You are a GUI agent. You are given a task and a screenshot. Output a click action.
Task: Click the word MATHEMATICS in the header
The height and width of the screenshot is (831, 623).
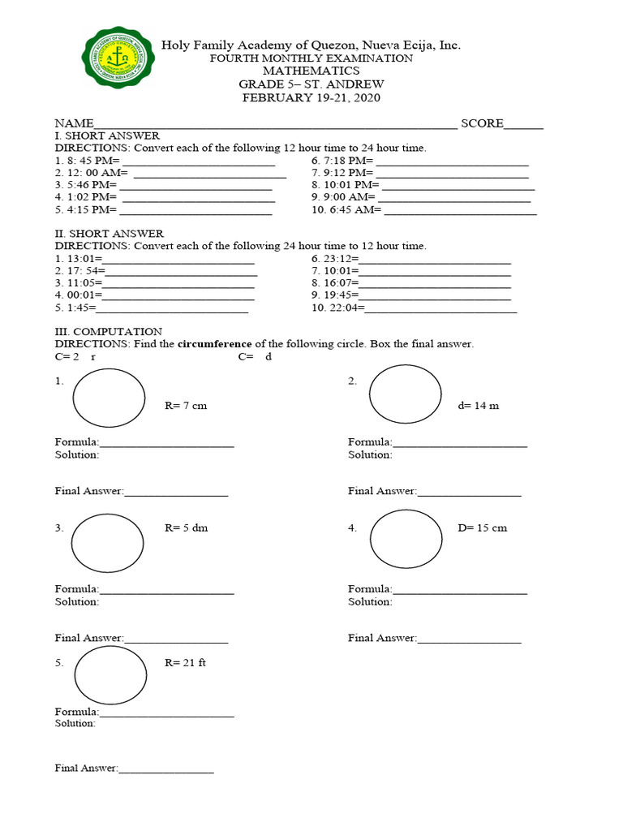click(311, 71)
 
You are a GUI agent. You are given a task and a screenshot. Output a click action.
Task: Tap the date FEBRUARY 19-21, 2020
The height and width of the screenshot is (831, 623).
click(311, 97)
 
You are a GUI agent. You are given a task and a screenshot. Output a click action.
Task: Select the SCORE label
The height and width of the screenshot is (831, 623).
click(482, 123)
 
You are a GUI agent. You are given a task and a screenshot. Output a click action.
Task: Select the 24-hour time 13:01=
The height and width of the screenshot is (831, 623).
click(79, 259)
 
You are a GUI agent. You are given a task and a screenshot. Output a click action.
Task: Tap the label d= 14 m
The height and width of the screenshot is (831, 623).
click(478, 406)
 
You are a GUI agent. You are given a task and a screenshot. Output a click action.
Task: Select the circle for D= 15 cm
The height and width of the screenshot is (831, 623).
click(406, 537)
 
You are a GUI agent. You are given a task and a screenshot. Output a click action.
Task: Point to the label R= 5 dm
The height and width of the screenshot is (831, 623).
click(186, 527)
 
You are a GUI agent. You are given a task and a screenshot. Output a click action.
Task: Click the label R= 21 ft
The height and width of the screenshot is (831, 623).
click(185, 662)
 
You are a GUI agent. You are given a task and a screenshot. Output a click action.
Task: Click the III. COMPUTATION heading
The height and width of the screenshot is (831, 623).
click(108, 331)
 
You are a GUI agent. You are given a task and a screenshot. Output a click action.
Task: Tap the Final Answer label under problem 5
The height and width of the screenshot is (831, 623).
click(86, 768)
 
